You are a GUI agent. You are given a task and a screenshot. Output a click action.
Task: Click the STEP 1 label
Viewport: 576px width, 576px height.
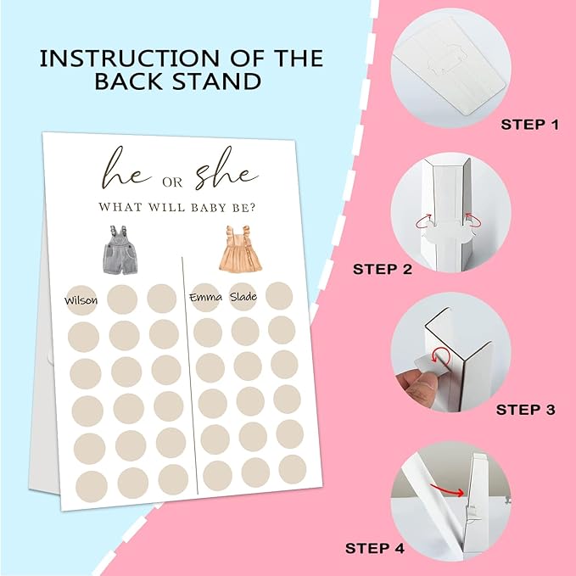point(529,125)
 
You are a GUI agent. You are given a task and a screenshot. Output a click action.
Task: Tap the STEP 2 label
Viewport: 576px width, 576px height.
point(383,269)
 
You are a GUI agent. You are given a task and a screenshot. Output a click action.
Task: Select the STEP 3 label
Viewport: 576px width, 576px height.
point(525,410)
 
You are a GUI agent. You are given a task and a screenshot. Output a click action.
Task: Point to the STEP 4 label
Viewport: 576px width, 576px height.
point(375,549)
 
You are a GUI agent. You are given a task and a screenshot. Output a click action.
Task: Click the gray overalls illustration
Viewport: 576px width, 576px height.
point(120,249)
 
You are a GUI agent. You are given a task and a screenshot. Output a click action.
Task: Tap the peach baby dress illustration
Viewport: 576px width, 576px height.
point(240,249)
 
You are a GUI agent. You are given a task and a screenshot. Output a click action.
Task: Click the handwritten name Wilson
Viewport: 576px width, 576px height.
point(81,301)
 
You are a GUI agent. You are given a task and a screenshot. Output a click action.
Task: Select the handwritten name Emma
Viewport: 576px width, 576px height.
point(205,297)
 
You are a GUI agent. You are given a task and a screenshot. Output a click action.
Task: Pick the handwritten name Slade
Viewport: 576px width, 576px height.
point(243,296)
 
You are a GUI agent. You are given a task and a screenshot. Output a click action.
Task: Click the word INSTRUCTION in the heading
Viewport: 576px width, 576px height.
point(130,59)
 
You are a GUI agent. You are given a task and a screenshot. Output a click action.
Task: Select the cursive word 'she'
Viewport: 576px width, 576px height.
point(226,169)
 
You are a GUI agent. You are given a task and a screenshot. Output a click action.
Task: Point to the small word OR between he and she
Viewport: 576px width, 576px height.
point(172,182)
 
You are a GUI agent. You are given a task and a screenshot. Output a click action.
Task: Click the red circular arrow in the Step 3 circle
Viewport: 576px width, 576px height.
point(440,357)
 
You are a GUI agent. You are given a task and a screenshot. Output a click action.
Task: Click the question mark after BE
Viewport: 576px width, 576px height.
point(252,208)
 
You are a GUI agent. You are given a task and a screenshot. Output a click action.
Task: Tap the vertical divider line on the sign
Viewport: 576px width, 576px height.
point(189,376)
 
